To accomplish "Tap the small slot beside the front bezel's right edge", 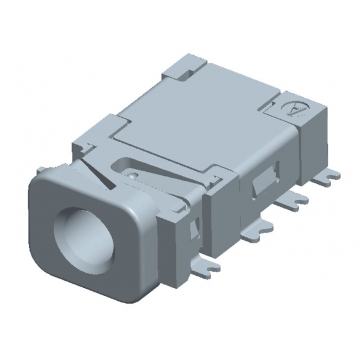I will point(194,232).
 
